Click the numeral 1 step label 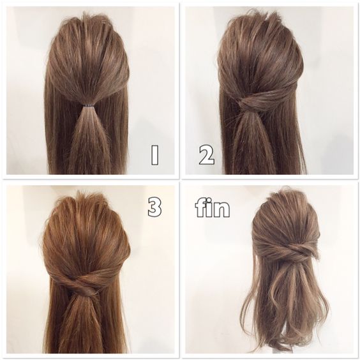154,155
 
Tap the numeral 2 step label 207,156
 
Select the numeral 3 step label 154,207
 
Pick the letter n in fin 221,210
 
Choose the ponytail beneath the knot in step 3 82,326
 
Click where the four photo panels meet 180,180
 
